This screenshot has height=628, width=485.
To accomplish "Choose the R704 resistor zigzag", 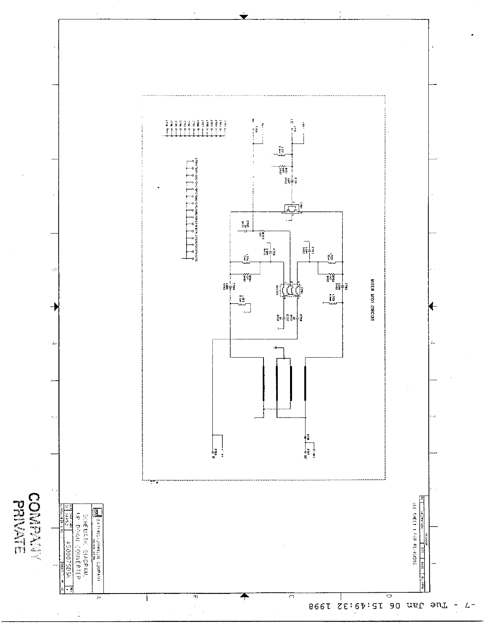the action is coord(246,276).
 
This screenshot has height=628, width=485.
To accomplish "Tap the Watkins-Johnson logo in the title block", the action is coord(95,512).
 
